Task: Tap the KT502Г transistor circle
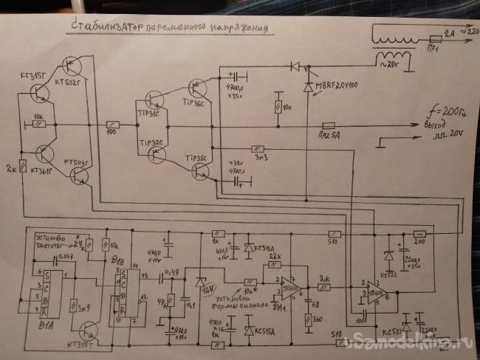[x=73, y=71]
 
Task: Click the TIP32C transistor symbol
[x=157, y=153]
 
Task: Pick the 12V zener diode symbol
[x=199, y=281]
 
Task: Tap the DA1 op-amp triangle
[x=288, y=283]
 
